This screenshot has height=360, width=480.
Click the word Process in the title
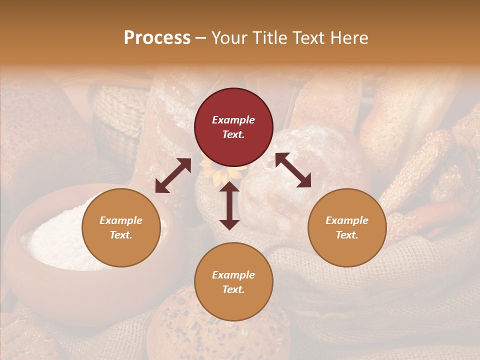pyautogui.click(x=157, y=38)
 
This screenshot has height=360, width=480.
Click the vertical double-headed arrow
pyautogui.click(x=229, y=205)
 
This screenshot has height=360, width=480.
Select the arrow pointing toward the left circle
pyautogui.click(x=173, y=175)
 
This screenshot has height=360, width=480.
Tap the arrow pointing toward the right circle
pyautogui.click(x=293, y=170)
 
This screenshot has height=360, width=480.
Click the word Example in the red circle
pyautogui.click(x=233, y=120)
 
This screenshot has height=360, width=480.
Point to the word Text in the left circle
pyautogui.click(x=120, y=235)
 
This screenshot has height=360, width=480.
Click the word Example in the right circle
pyautogui.click(x=347, y=220)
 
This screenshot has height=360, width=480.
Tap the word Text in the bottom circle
pyautogui.click(x=233, y=289)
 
